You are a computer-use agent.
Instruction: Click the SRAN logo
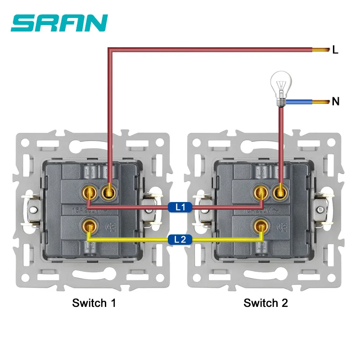[59, 23]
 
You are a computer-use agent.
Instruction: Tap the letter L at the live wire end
[335, 50]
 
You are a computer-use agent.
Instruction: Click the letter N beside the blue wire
[335, 101]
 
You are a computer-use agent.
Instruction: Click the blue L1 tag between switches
[180, 207]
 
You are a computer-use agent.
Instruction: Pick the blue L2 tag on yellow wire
[180, 240]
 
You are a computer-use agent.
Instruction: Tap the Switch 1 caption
[94, 303]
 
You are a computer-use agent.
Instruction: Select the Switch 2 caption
[265, 303]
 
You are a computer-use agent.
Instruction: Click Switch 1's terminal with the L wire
[108, 193]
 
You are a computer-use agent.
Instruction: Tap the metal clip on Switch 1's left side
[32, 208]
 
